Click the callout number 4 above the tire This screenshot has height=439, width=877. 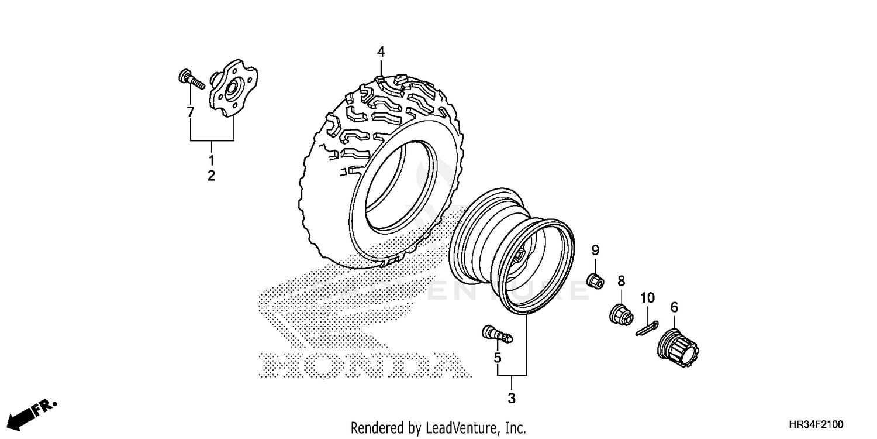381,52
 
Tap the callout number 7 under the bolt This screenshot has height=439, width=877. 190,112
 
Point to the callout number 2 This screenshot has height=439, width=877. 211,175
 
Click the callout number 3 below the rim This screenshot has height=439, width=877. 512,399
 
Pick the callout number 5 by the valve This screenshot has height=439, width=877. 498,356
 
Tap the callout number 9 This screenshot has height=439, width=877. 595,251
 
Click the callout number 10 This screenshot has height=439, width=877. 646,298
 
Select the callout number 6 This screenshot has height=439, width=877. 674,307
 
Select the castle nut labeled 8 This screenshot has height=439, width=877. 620,314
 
